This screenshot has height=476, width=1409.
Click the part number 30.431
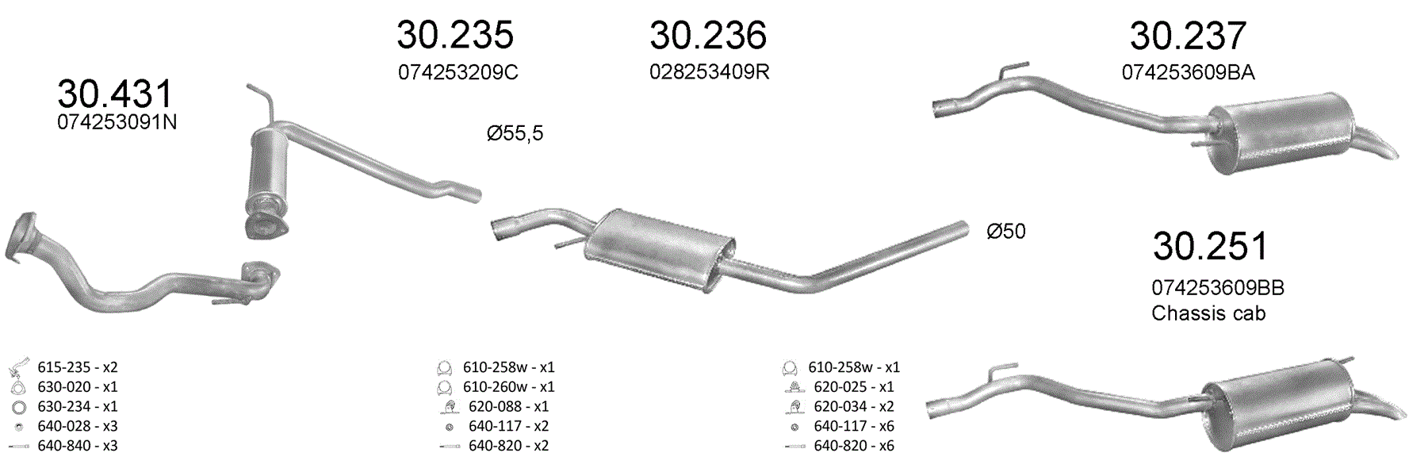[x=115, y=94]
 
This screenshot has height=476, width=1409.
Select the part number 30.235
[x=455, y=35]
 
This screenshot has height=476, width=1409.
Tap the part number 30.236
[x=708, y=35]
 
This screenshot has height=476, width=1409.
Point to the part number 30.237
[x=1188, y=36]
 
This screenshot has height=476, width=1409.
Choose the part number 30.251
[x=1210, y=246]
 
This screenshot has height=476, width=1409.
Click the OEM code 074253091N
[x=117, y=122]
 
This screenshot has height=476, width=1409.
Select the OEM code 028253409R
[x=710, y=72]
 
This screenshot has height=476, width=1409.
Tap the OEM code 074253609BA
[x=1188, y=73]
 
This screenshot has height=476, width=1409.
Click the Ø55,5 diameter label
[x=515, y=133]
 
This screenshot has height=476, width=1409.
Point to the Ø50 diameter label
[x=1006, y=232]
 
